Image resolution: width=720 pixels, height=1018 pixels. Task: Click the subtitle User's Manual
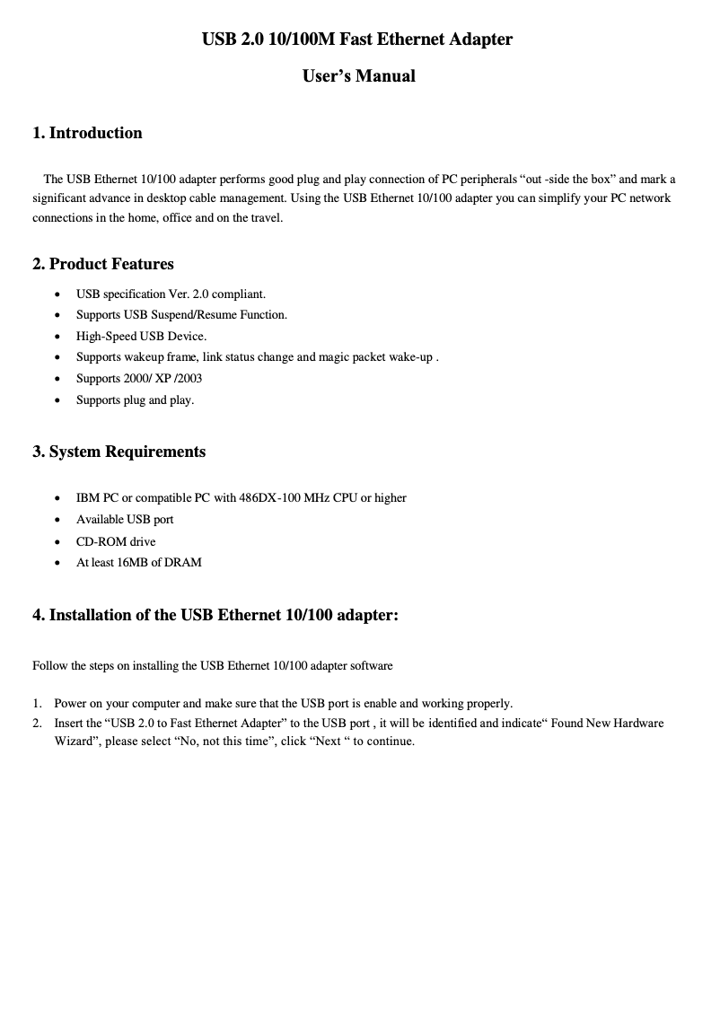[358, 76]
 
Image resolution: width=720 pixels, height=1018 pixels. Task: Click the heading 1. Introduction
[87, 133]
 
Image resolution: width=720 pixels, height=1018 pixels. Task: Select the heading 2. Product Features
[103, 264]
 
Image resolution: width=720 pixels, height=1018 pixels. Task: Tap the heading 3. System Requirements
[119, 452]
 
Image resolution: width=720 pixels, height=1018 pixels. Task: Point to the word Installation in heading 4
[92, 616]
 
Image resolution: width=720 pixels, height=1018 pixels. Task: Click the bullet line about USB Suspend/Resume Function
[181, 315]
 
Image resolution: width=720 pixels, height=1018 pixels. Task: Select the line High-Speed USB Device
[141, 337]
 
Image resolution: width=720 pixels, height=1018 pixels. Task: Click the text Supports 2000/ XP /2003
[139, 379]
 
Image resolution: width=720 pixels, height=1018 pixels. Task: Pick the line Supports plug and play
[135, 400]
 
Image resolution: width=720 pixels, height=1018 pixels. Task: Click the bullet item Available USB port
[125, 520]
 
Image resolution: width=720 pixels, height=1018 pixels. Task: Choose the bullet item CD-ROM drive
[116, 541]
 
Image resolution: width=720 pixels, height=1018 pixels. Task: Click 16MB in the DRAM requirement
[133, 563]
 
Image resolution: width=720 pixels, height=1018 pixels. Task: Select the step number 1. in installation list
[38, 704]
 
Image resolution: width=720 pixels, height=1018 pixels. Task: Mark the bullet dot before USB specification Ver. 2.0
[58, 294]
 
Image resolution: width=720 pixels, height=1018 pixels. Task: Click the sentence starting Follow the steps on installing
[213, 666]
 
